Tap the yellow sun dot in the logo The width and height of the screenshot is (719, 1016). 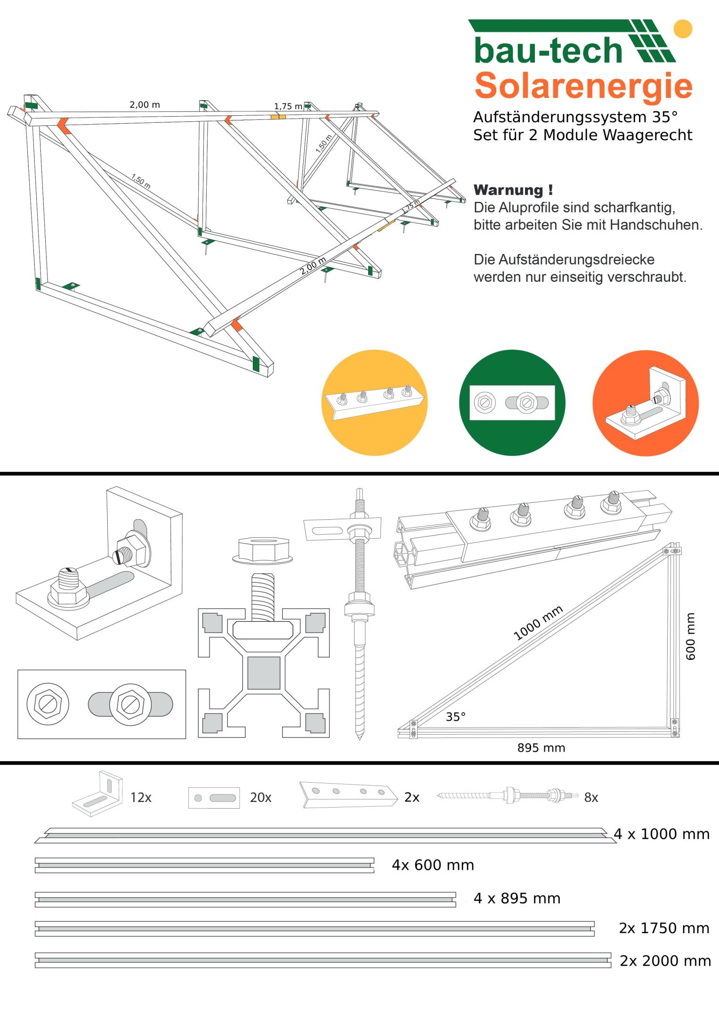[x=682, y=28]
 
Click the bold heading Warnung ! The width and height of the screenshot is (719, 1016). [x=513, y=190]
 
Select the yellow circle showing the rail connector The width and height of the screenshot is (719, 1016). [x=374, y=402]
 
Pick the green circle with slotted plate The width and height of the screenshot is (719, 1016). [x=512, y=402]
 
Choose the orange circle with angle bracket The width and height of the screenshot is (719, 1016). [x=645, y=403]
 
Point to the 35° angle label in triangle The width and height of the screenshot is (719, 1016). [x=455, y=716]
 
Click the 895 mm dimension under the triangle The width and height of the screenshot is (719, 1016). [x=541, y=748]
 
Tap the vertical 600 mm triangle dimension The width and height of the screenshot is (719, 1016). [x=690, y=636]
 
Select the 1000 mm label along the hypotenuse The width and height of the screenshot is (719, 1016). [x=538, y=623]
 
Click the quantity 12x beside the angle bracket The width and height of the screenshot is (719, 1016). [x=141, y=797]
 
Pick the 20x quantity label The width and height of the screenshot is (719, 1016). [x=260, y=797]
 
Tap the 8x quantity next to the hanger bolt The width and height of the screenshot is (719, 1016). [x=591, y=797]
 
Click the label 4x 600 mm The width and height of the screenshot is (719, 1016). [x=433, y=865]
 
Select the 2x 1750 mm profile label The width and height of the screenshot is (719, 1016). [x=664, y=928]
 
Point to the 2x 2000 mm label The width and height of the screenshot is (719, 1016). [x=665, y=960]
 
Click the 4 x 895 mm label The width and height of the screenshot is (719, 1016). [x=517, y=898]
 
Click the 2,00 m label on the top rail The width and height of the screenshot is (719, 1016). [x=145, y=104]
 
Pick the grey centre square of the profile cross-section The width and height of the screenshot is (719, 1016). [x=264, y=672]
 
